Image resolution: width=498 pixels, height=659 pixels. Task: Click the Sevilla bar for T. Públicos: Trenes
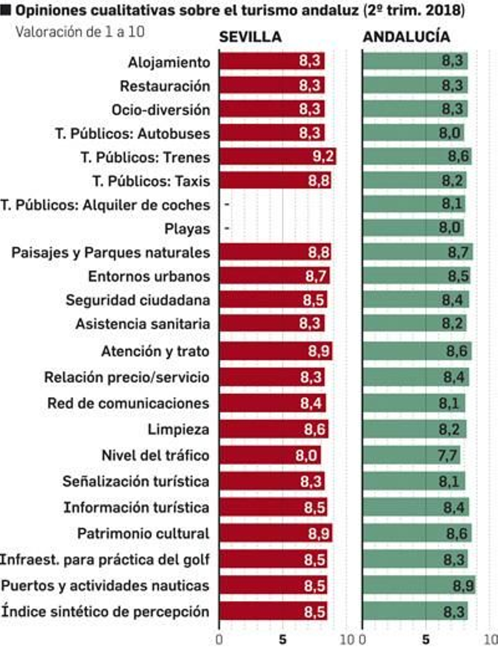coord(277,156)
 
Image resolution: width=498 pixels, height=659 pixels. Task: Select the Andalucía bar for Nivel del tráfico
coord(411,455)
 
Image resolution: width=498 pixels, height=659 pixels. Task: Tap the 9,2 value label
coord(323,156)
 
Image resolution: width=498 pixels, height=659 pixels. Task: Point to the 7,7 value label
coord(448,455)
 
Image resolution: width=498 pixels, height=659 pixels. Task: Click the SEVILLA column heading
coord(250,37)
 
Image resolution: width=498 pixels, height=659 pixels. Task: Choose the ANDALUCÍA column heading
coord(406,37)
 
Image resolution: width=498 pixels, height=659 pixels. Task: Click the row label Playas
coord(187,229)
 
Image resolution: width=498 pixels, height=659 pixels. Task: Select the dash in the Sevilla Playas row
coord(227,228)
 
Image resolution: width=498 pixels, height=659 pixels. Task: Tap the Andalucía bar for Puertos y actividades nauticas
coord(419,586)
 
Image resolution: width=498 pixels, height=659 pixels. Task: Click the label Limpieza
coord(178,430)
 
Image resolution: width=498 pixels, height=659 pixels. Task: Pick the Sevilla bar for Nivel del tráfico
coord(270,455)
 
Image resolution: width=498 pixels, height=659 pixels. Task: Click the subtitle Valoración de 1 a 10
coord(80,32)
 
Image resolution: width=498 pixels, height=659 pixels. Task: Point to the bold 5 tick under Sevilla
coord(282,640)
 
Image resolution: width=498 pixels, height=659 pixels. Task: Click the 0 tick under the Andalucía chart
coord(362,640)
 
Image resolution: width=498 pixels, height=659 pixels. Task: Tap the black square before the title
coord(6,11)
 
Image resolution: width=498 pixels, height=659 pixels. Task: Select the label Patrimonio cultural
coord(143,534)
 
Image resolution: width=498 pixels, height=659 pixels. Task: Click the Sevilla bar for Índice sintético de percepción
coord(273,611)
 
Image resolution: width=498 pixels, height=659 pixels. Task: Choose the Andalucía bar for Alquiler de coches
coord(414,204)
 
